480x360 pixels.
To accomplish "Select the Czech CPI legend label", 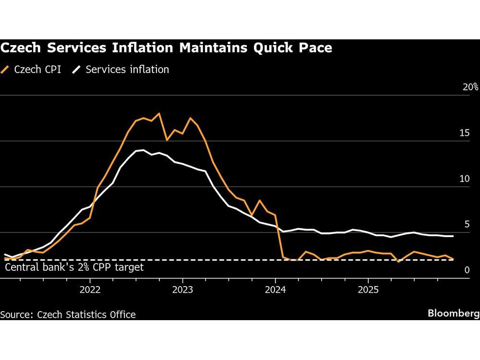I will click(x=37, y=70).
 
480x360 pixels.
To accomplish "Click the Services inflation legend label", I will click(x=127, y=70).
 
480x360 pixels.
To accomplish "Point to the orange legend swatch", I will click(x=6, y=70).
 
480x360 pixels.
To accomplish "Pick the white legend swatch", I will click(x=76, y=70).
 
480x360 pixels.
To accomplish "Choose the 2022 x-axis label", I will click(x=90, y=290).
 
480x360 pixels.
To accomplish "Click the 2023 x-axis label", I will click(x=182, y=290).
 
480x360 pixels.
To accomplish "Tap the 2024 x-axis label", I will click(x=275, y=290).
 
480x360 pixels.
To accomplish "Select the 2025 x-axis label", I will click(x=368, y=290).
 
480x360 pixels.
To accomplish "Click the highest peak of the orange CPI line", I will click(x=159, y=114).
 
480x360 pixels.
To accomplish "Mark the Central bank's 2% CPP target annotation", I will click(x=74, y=267).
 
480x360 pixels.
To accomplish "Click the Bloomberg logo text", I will click(x=453, y=313).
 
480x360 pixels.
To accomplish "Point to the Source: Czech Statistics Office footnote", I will click(x=68, y=315).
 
